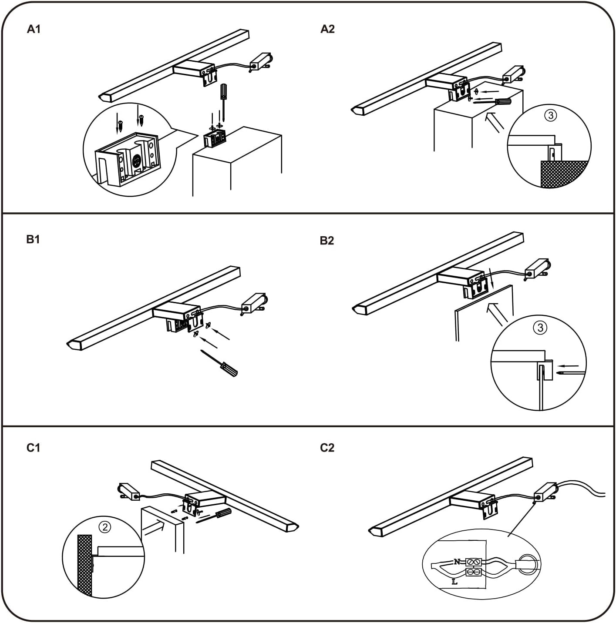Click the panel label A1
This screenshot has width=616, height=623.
pos(34,29)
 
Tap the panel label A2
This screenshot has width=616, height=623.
pos(327,29)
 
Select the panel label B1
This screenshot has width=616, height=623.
pos(33,239)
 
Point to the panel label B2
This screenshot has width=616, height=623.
pos(327,241)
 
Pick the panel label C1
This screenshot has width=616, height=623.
pos(33,448)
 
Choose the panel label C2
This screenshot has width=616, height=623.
pos(327,448)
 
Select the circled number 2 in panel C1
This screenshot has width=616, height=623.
pos(104,527)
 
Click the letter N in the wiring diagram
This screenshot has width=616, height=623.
pos(457,562)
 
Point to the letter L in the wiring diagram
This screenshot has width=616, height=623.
pos(454,582)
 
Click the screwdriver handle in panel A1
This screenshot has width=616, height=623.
pos(223,91)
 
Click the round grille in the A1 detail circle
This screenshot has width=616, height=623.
pos(136,161)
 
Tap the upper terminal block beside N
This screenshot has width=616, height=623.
pos(474,562)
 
